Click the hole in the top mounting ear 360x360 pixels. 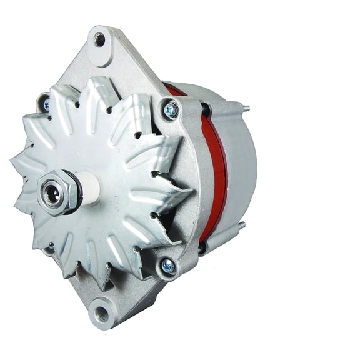pyautogui.click(x=100, y=41)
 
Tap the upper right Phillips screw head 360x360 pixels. pyautogui.click(x=171, y=111)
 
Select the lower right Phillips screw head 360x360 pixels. pyautogui.click(x=167, y=266)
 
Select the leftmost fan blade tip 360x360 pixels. pyautogui.click(x=14, y=164)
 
